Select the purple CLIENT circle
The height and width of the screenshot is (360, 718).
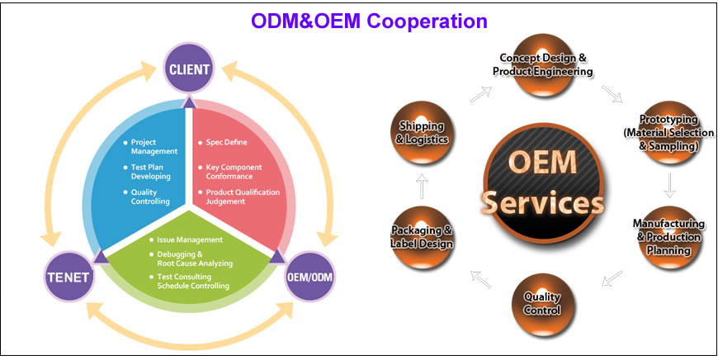(189, 69)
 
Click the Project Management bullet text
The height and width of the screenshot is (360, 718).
(154, 147)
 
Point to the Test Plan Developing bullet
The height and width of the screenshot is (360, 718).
(150, 172)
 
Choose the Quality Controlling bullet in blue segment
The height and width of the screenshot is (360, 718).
(149, 197)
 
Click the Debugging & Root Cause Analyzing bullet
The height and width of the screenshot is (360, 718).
(194, 258)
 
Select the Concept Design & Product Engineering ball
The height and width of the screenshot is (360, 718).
(542, 64)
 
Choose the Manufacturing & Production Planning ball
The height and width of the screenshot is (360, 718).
(668, 236)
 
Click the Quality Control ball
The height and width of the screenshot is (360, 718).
(542, 302)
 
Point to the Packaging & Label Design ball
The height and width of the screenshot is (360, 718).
(422, 236)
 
